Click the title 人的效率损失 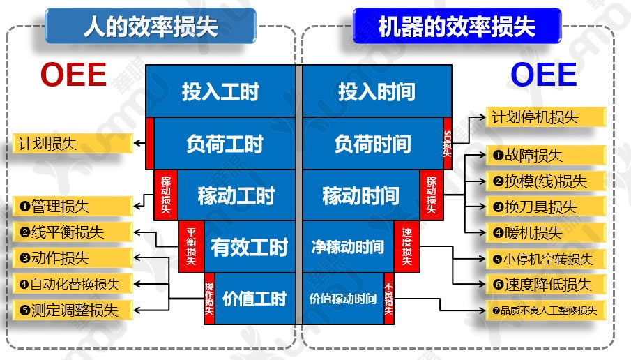coord(150,26)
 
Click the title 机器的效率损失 coord(457,26)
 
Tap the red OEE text coord(73,75)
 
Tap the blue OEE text coord(544,75)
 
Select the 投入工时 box coord(220,91)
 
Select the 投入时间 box coord(377,91)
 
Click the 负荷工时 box coord(225,144)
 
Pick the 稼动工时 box coord(236,195)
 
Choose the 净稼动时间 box coord(348,246)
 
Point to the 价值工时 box coord(254,299)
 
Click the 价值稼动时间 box coord(342,299)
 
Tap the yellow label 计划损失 coord(73,144)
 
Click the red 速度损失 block coord(407,246)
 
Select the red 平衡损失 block coord(190,246)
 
